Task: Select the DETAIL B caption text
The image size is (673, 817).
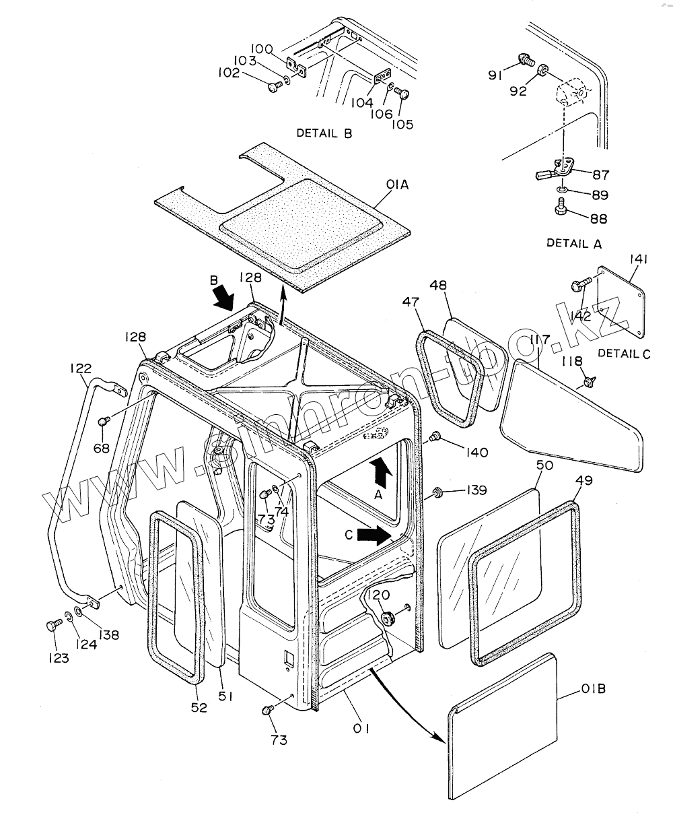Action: [x=324, y=133]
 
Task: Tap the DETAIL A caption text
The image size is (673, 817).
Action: [x=574, y=244]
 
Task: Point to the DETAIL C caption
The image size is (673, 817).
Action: [x=624, y=352]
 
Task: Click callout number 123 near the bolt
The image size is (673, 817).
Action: [x=58, y=658]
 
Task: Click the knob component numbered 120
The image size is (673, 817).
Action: [x=387, y=617]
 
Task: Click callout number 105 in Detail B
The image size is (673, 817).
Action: [x=404, y=124]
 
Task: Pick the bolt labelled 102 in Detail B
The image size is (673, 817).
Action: [x=273, y=86]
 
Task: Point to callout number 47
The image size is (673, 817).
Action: [x=411, y=303]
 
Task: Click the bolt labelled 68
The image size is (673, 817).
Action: [x=104, y=422]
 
